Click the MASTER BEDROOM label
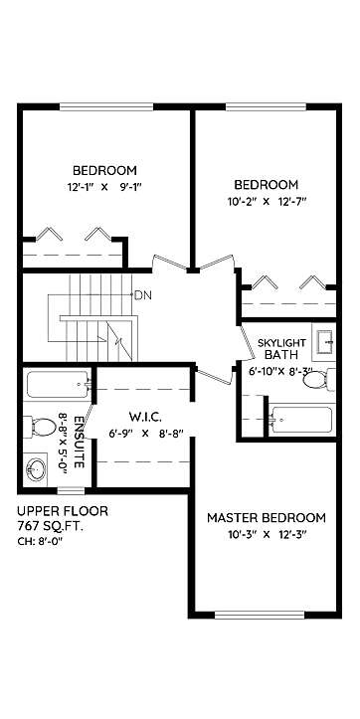point(266,518)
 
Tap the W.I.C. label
point(145,418)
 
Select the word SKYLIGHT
point(281,343)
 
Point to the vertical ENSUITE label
point(79,442)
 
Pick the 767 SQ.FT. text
point(50,527)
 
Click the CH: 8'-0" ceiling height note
point(40,541)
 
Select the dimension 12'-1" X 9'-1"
point(104,187)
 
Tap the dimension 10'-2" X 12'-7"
point(267,201)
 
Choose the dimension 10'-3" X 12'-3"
point(267,535)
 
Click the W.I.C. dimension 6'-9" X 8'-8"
point(146,434)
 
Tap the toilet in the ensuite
point(40,428)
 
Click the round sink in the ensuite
point(36,469)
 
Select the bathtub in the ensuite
point(58,384)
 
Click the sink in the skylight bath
point(324,342)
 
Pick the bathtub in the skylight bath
point(301,419)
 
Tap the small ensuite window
point(71,490)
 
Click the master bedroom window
point(260,615)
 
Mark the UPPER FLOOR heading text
point(63,511)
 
